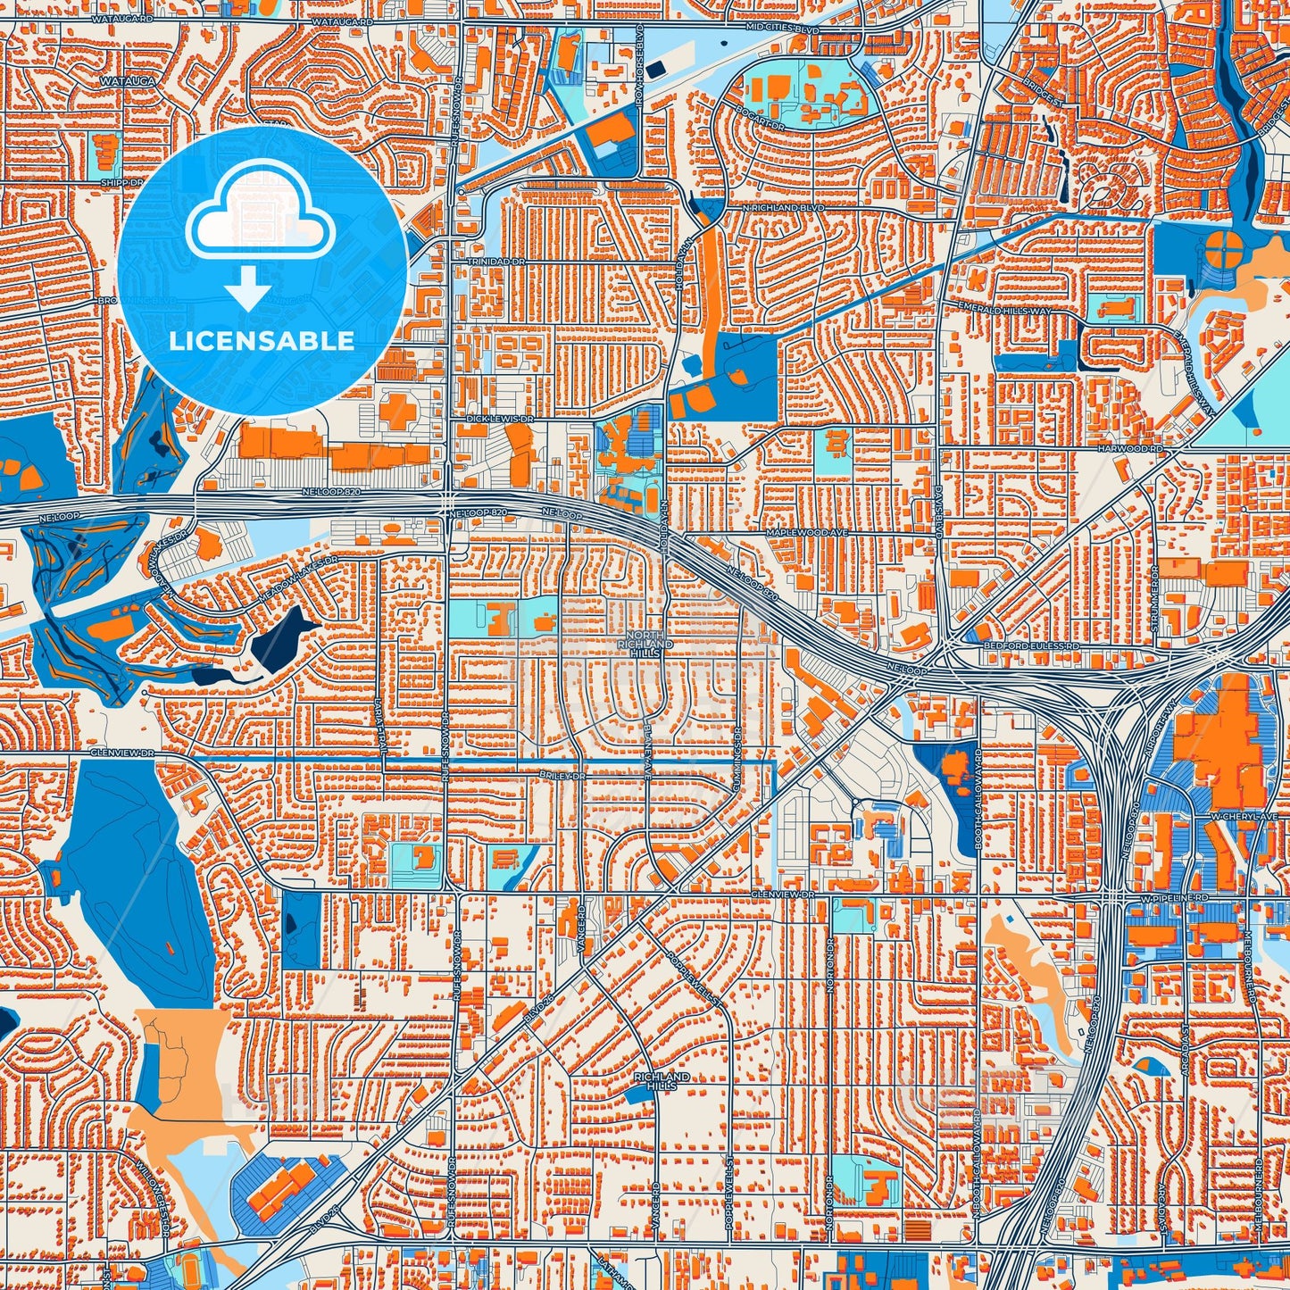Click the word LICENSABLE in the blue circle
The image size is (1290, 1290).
262,341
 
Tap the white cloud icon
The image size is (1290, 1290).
261,219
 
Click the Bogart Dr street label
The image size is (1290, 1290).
761,116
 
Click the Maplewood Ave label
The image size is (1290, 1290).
806,532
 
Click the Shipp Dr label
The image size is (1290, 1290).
121,182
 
